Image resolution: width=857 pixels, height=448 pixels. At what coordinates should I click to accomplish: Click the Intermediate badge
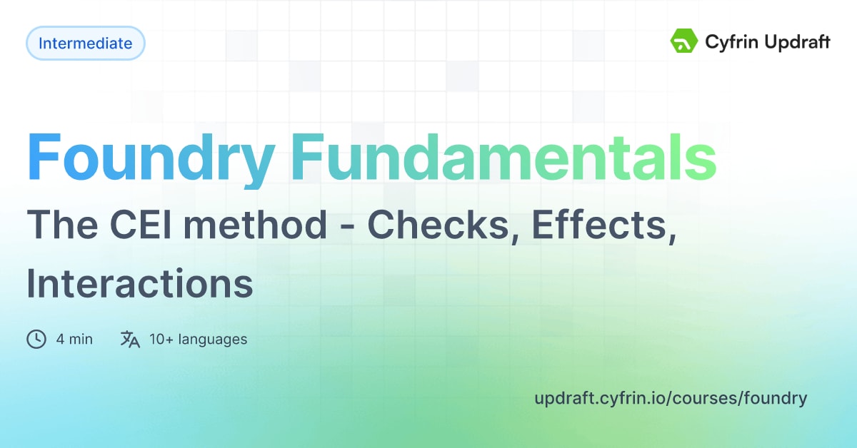pos(85,43)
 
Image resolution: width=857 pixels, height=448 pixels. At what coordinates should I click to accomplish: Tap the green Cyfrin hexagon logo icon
pos(683,41)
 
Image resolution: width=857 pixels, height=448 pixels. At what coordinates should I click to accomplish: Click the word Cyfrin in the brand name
pos(731,42)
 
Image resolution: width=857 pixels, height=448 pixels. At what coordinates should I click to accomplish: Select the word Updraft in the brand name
pos(797,42)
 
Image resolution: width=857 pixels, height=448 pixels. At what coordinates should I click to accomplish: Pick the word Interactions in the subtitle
pos(140,283)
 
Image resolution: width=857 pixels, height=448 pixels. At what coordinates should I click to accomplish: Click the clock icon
pos(36,339)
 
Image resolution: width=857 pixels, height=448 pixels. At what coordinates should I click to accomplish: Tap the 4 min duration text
pos(74,339)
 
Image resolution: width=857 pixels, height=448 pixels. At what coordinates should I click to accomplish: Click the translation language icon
pos(130,339)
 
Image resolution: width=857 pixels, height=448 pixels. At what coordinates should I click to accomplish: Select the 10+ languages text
pos(198,339)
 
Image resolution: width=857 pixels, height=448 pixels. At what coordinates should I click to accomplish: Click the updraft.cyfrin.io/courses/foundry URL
pos(670,398)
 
